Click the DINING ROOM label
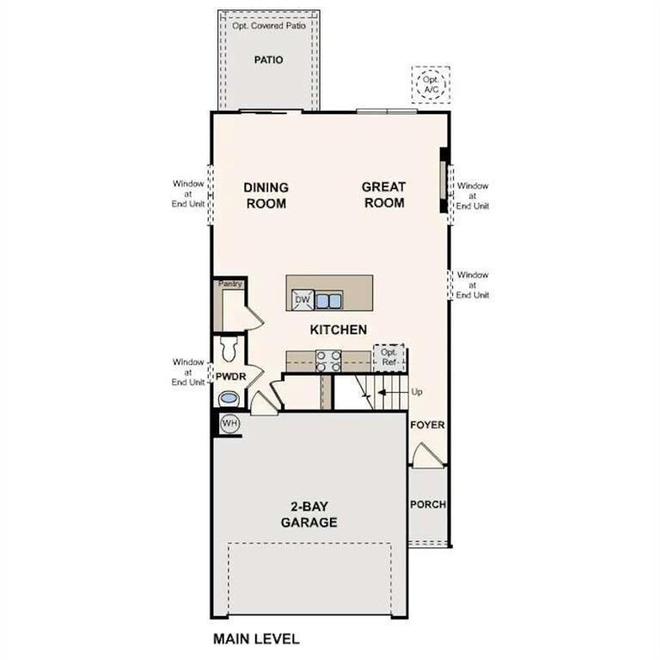click(x=265, y=195)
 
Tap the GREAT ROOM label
click(x=383, y=195)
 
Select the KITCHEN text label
click(x=339, y=329)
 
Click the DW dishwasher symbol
click(x=301, y=300)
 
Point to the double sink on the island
click(x=328, y=300)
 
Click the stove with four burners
click(x=329, y=360)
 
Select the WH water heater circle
click(x=229, y=424)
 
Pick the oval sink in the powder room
click(x=229, y=398)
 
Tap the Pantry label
click(x=229, y=284)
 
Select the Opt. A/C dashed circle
click(x=430, y=84)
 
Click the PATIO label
click(x=268, y=60)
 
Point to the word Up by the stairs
click(x=418, y=392)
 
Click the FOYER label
click(x=427, y=425)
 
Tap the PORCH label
click(x=427, y=504)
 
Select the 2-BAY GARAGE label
click(x=309, y=515)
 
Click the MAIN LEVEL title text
click(x=256, y=639)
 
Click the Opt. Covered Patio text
click(x=268, y=26)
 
